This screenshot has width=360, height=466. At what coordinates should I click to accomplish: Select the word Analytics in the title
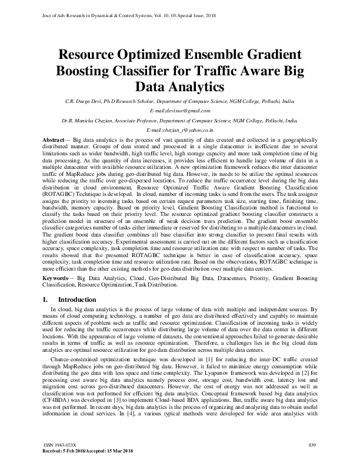point(181,88)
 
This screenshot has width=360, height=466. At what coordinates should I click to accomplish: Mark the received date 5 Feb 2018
point(72,450)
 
